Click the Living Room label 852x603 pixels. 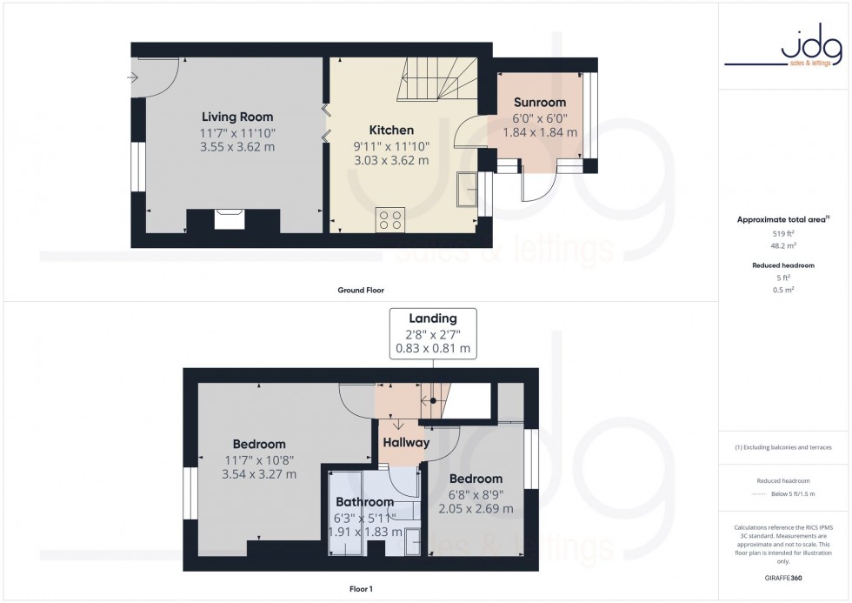(x=237, y=117)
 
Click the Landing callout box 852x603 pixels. (x=433, y=332)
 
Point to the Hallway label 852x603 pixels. (x=406, y=443)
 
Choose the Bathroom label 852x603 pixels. (x=365, y=502)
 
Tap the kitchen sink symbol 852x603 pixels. (x=466, y=189)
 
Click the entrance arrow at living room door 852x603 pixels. (x=133, y=77)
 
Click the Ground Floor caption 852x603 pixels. (x=360, y=290)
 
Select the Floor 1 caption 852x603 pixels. (x=360, y=589)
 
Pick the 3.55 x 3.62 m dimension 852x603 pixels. (x=237, y=147)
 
